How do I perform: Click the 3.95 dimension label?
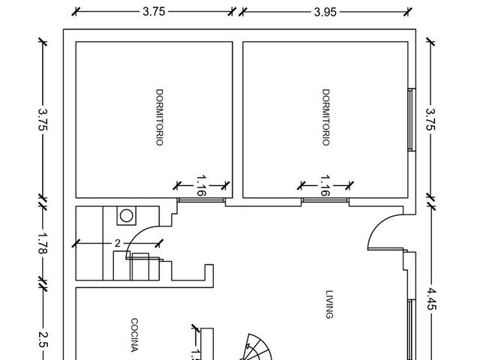click(325, 12)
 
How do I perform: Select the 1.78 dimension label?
click(42, 243)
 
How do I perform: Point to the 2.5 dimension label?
click(42, 340)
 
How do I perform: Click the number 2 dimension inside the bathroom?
click(118, 243)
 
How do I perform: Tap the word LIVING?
click(329, 304)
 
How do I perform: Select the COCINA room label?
click(134, 335)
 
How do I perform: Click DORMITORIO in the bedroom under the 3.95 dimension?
click(326, 117)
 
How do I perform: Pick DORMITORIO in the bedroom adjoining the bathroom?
click(160, 117)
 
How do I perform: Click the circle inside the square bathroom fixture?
click(127, 216)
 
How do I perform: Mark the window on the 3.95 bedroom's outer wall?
click(412, 120)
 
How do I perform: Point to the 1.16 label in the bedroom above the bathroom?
click(201, 185)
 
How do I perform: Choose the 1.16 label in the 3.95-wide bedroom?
click(325, 185)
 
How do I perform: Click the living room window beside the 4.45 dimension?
click(412, 330)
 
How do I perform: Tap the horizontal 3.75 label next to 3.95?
click(154, 12)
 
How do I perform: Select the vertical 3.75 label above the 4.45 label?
click(430, 119)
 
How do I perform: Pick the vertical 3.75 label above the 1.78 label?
click(43, 119)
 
